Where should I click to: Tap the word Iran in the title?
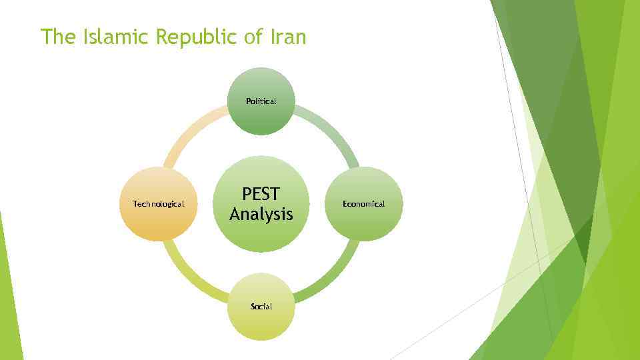(x=288, y=37)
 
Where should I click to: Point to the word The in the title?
(x=58, y=37)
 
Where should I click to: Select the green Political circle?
(x=261, y=101)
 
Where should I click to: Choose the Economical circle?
(x=364, y=204)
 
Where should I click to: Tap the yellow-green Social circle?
(x=261, y=307)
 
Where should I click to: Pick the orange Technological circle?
(x=159, y=204)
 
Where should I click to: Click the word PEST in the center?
(x=261, y=194)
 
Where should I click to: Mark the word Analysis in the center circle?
(x=261, y=215)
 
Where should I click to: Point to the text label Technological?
(x=159, y=204)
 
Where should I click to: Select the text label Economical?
(x=364, y=204)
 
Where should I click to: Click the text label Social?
(x=261, y=307)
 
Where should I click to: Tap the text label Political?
(x=261, y=101)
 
